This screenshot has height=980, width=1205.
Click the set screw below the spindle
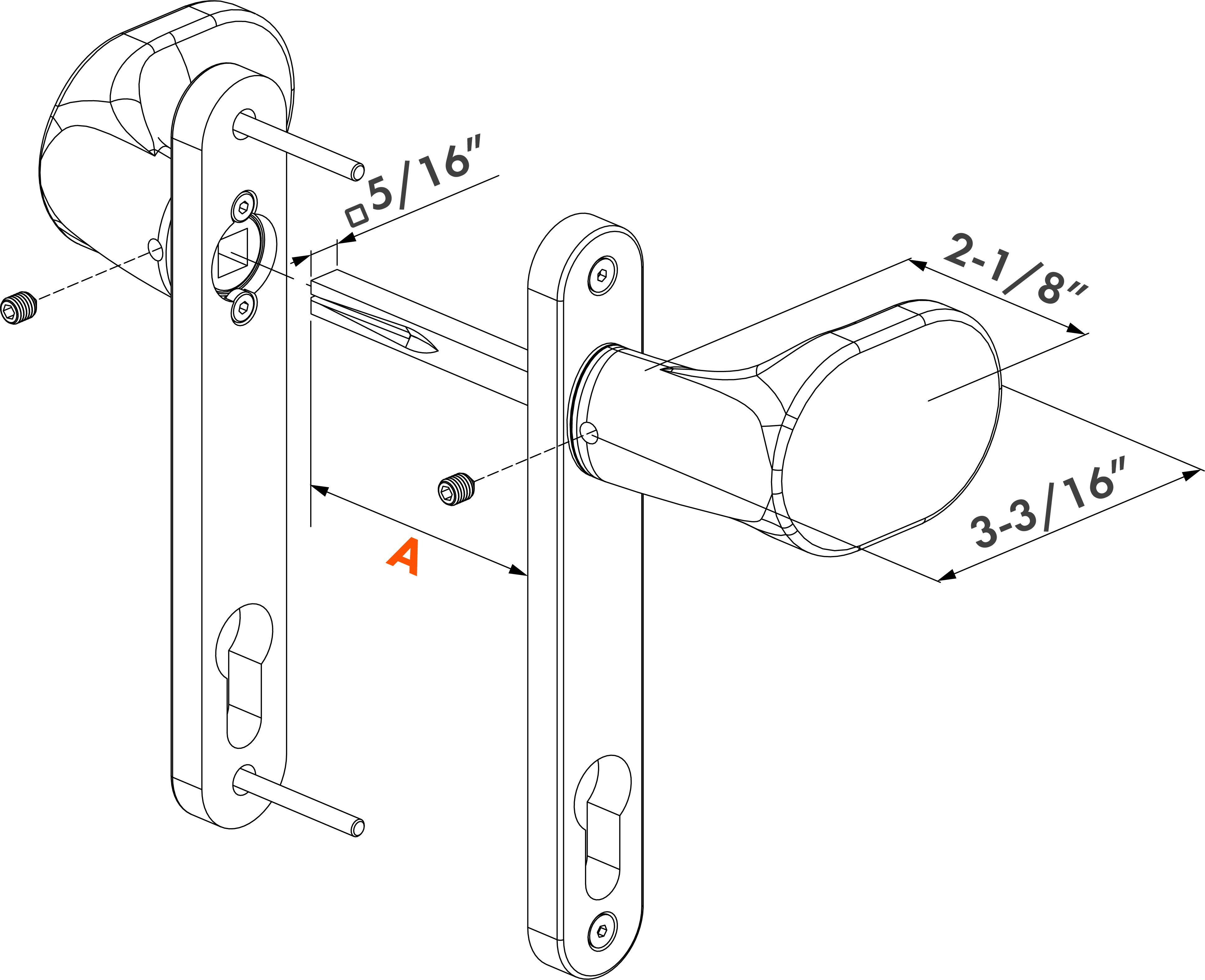(456, 489)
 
